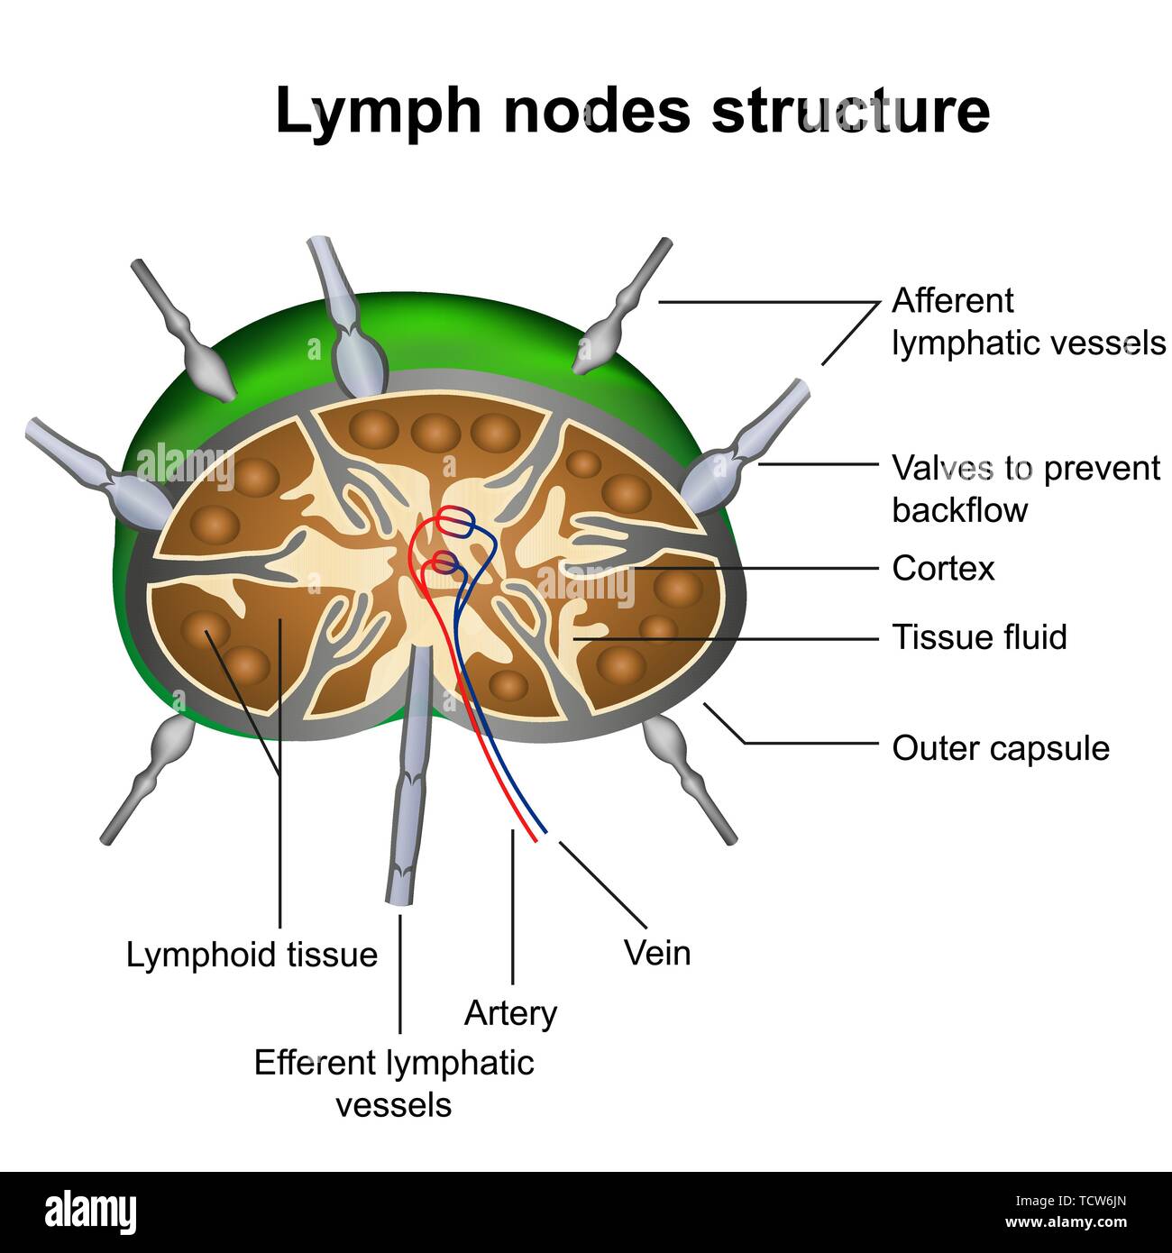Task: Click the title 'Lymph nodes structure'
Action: [x=632, y=111]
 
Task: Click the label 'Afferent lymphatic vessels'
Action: [x=1028, y=322]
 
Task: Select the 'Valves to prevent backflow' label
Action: [x=1025, y=489]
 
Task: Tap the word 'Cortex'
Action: [x=943, y=569]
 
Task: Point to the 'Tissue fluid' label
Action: [x=979, y=637]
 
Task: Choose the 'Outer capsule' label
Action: [x=1000, y=748]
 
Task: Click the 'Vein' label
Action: [x=657, y=953]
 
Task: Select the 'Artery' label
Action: [x=510, y=1013]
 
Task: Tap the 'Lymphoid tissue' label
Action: [x=252, y=955]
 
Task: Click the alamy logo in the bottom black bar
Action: [x=91, y=1212]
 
